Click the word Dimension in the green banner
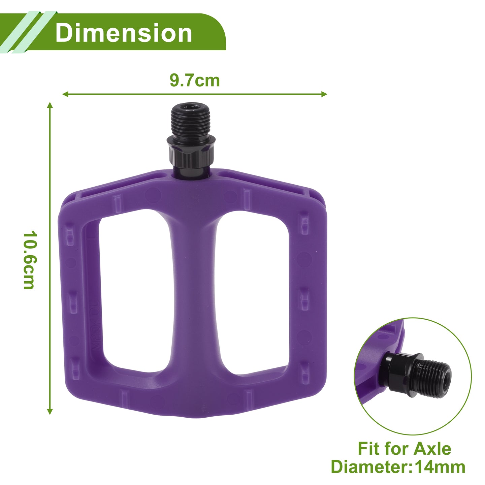point(124,33)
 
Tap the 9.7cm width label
point(195,80)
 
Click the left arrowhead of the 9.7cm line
point(65,94)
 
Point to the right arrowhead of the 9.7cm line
point(324,94)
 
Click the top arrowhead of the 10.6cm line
point(50,105)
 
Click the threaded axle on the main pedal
point(191,119)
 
